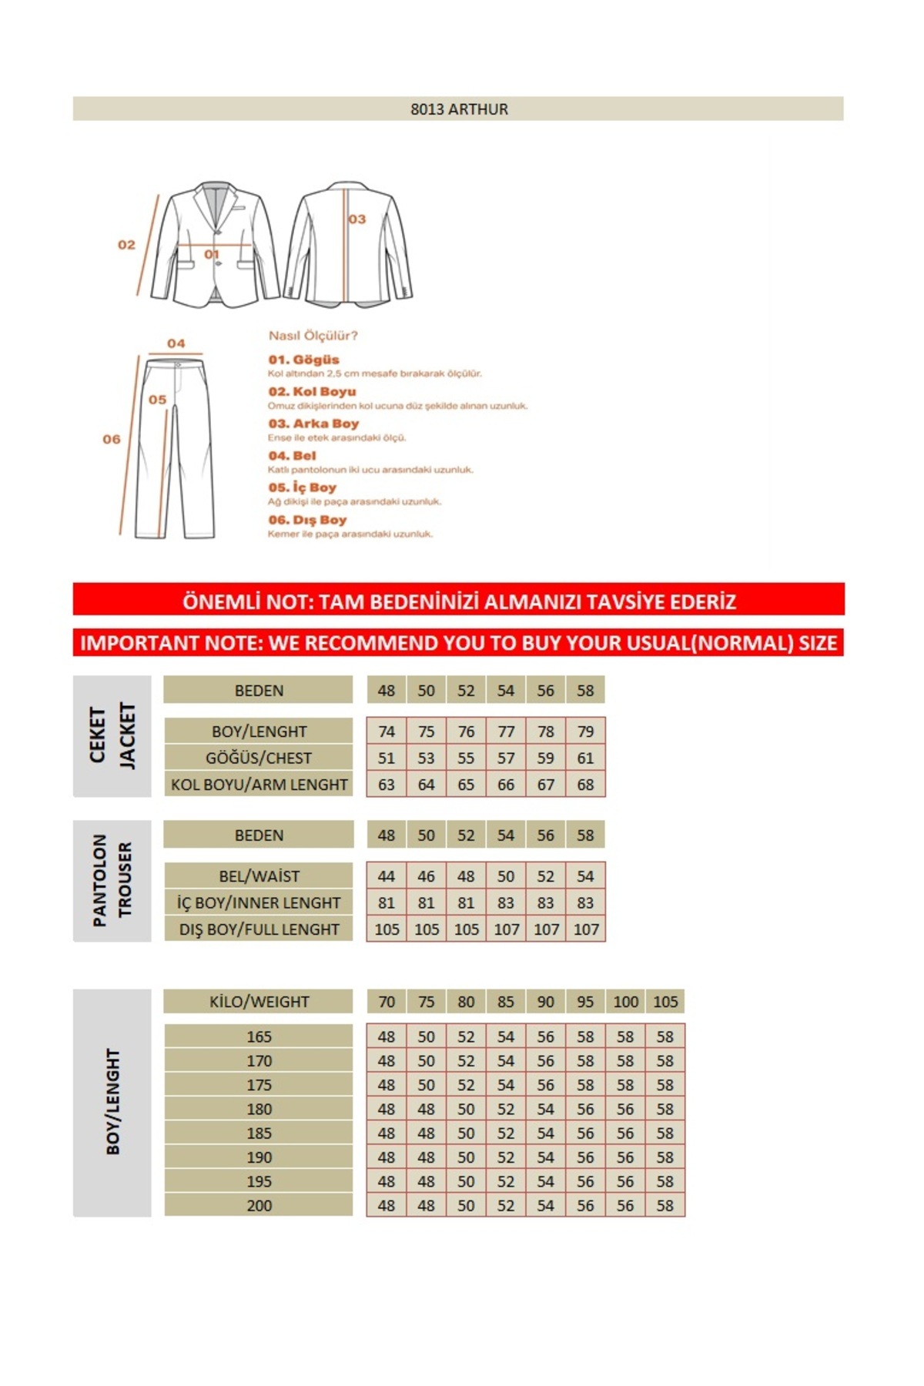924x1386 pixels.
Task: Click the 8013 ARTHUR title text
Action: tap(459, 109)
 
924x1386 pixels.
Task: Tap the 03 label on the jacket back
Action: tap(357, 219)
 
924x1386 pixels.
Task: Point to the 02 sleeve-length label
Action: tap(126, 245)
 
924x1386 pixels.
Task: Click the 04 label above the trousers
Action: tap(176, 343)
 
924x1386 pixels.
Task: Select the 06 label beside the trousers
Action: tap(112, 440)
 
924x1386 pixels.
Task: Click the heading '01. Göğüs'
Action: tap(303, 360)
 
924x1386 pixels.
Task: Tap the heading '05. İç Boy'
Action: tap(302, 487)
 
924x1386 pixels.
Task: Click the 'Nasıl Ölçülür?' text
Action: tap(313, 336)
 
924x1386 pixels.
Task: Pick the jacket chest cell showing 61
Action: tap(585, 758)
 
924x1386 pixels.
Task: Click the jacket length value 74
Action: tap(387, 731)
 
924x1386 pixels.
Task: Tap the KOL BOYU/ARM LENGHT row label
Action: tap(259, 785)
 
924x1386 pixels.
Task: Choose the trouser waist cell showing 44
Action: tap(387, 876)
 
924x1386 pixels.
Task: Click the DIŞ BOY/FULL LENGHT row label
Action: tap(259, 929)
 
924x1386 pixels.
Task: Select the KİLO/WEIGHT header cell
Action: tap(259, 1002)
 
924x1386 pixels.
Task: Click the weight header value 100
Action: tap(625, 1002)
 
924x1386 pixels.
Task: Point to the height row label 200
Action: tap(259, 1206)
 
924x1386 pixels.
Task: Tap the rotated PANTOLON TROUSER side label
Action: tap(112, 880)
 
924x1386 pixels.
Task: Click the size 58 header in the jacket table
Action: tap(585, 691)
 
